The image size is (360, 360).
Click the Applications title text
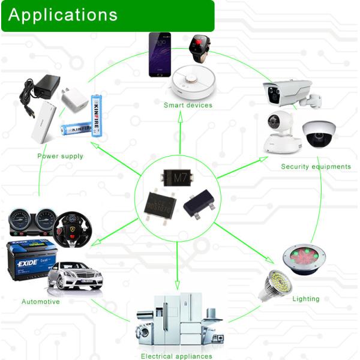(63, 15)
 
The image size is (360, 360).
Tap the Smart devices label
(188, 105)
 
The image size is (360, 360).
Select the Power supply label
(60, 156)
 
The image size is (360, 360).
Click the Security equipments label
(316, 166)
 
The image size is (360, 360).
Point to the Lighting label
(305, 298)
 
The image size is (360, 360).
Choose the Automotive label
(41, 302)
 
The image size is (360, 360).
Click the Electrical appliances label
(176, 356)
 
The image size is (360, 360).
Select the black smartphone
(160, 54)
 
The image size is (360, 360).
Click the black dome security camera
(318, 134)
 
